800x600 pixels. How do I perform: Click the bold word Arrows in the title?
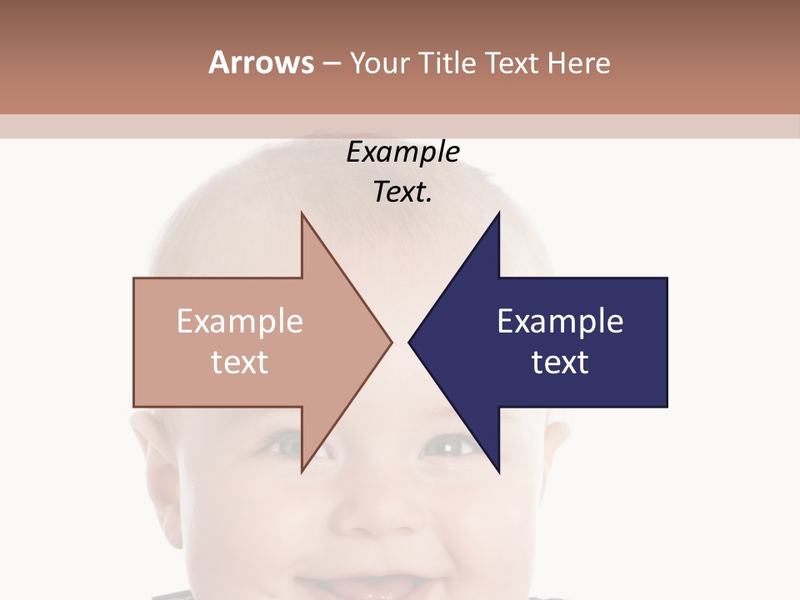[261, 62]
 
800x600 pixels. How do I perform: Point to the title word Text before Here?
[512, 62]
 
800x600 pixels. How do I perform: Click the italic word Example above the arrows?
[402, 152]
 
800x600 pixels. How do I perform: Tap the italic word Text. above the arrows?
[402, 192]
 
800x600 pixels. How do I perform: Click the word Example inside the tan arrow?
[239, 322]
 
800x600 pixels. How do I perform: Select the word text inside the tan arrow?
[239, 362]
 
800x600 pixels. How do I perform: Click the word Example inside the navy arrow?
[560, 322]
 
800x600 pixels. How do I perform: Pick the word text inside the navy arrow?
[560, 362]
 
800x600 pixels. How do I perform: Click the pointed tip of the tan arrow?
[391, 342]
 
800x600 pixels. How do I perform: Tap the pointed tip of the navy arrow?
[409, 342]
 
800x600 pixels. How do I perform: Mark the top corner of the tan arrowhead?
[302, 214]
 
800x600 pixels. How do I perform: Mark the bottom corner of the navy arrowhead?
[498, 472]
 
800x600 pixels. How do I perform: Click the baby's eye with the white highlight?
[450, 448]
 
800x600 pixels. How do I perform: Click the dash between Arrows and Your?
[331, 63]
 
